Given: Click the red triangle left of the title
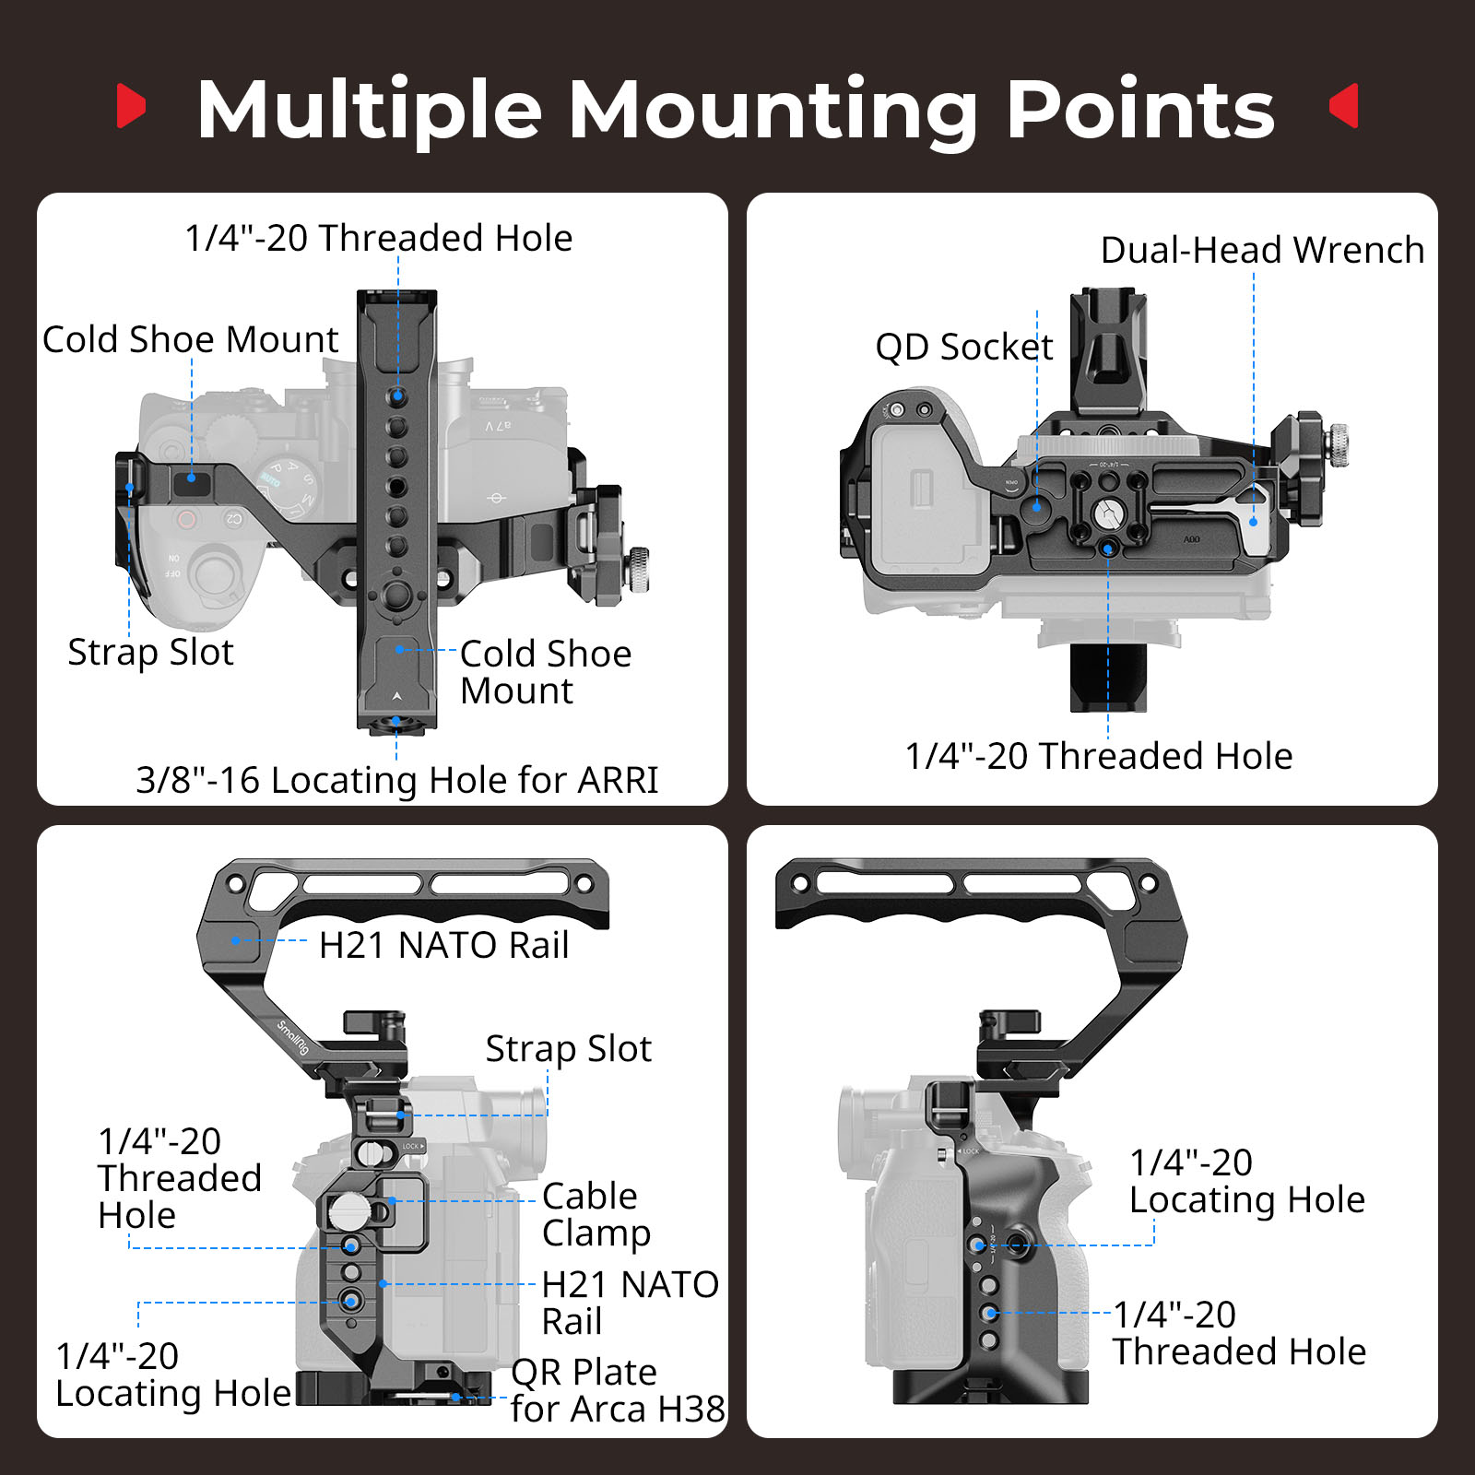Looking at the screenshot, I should (x=131, y=106).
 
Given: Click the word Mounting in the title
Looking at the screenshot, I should (x=773, y=111).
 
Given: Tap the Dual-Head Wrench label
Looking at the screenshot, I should (x=1262, y=250).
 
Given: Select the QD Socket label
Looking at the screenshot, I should (x=963, y=347).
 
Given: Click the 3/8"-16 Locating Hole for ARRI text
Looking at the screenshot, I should (x=396, y=780).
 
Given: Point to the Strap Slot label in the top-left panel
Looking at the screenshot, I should (x=150, y=652).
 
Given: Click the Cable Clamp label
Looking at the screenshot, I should (x=596, y=1214).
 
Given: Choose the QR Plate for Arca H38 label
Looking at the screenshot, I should (x=616, y=1390).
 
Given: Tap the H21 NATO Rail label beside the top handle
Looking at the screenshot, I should (x=443, y=945).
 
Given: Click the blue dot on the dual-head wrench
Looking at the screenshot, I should (x=1254, y=522).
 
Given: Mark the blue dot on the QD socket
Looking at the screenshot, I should (x=1036, y=506).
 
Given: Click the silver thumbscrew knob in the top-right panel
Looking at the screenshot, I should (x=1337, y=444).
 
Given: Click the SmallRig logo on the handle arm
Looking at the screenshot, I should (x=294, y=1038).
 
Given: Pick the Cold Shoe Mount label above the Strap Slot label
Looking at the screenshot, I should (x=191, y=339).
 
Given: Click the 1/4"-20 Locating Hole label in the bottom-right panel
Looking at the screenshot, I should (x=1246, y=1181).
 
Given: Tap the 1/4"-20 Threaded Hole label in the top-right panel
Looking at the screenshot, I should (x=1098, y=756).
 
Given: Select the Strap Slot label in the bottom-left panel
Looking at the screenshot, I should (x=568, y=1049).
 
